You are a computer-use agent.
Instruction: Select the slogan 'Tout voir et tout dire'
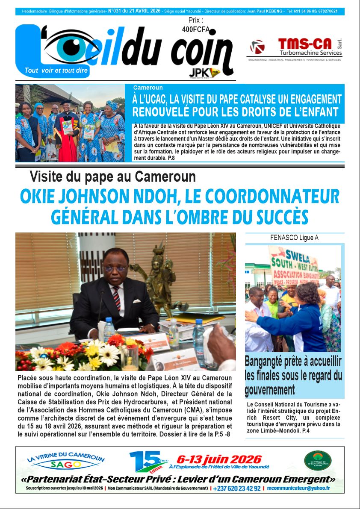(x=53, y=71)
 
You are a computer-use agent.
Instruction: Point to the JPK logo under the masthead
(x=204, y=73)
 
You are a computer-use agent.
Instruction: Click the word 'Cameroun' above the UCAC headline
(x=148, y=88)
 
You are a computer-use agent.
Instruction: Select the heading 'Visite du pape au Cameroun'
(x=113, y=177)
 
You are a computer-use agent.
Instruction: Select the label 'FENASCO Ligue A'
(x=294, y=238)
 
